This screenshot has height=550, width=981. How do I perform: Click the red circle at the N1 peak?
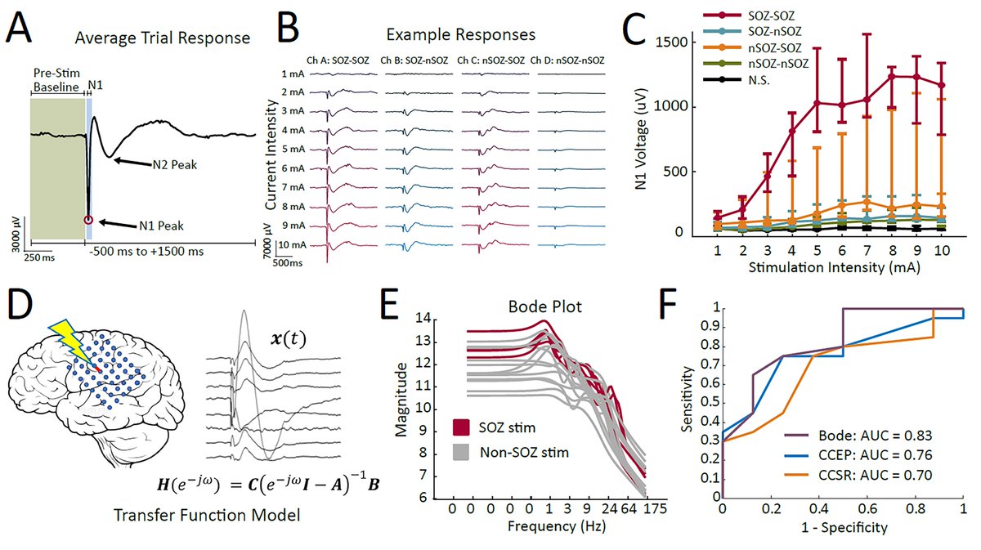click(88, 219)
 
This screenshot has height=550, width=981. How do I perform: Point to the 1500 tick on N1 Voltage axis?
click(683, 42)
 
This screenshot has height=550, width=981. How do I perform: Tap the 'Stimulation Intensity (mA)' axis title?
click(825, 266)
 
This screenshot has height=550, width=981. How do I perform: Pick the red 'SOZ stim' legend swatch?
click(462, 427)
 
